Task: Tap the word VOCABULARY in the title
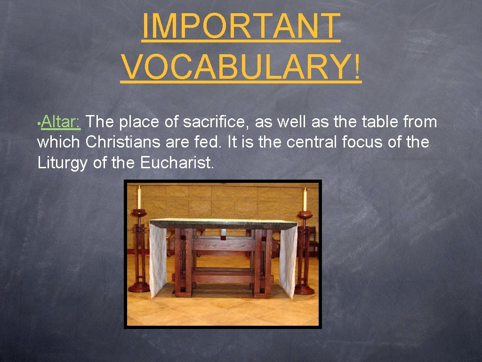235,67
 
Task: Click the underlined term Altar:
61,123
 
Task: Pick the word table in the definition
380,123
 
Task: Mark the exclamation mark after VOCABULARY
358,67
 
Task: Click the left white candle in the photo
139,198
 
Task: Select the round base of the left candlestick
139,287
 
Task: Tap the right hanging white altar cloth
288,262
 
